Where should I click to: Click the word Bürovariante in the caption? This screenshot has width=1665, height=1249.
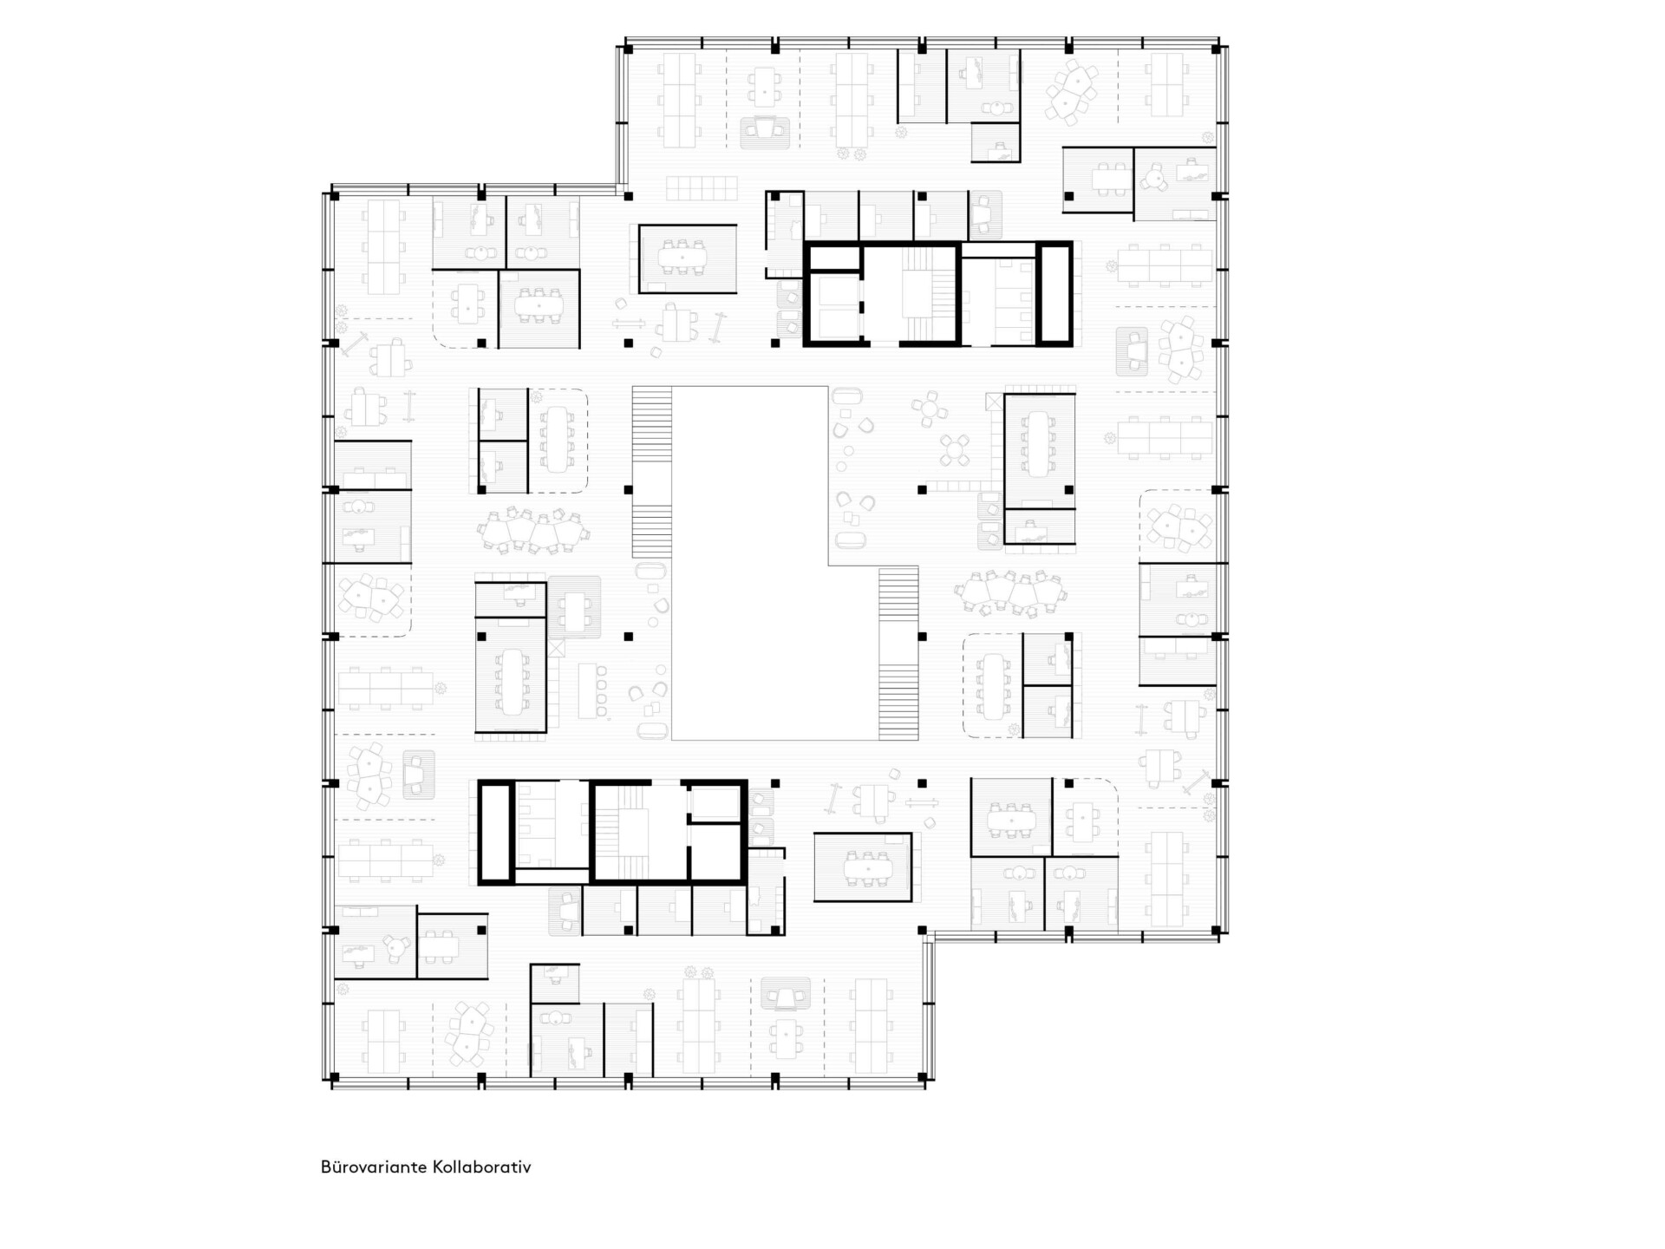pyautogui.click(x=373, y=1167)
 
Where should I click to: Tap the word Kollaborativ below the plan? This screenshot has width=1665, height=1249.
pyautogui.click(x=481, y=1167)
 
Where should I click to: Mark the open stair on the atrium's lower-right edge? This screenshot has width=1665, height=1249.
pyautogui.click(x=898, y=653)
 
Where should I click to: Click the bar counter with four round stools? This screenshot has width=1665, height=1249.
pyautogui.click(x=590, y=690)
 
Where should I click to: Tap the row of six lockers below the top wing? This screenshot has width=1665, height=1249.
pyautogui.click(x=702, y=187)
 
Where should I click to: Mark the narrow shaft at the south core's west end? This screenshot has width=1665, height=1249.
pyautogui.click(x=496, y=833)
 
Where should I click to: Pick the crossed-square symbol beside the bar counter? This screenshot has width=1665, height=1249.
pyautogui.click(x=557, y=649)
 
